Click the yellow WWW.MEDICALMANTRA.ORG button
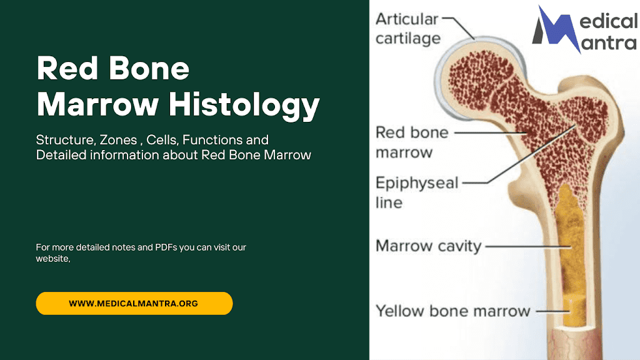click(134, 303)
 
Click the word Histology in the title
click(244, 105)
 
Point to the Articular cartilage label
click(408, 29)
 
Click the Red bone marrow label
click(412, 142)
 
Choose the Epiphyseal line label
click(417, 192)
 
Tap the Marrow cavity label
click(429, 246)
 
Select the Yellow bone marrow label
click(452, 311)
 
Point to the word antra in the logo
click(609, 42)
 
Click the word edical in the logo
click(609, 21)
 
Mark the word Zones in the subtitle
click(118, 140)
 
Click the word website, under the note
click(53, 259)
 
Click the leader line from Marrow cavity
click(528, 246)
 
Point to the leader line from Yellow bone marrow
click(553, 311)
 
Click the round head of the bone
click(480, 78)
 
